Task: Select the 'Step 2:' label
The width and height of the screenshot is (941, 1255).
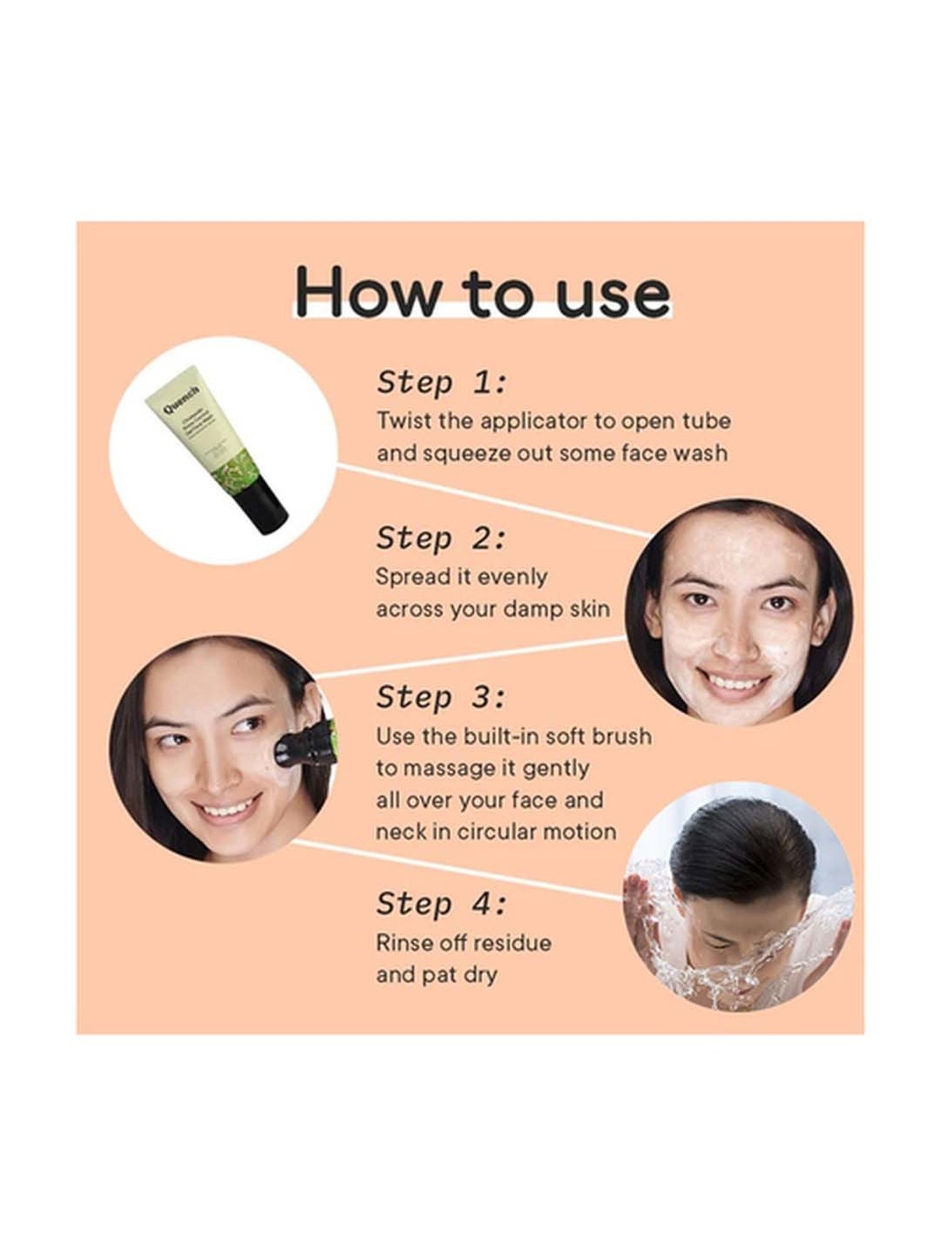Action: (441, 539)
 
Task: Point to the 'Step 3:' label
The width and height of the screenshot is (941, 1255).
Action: (441, 698)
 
